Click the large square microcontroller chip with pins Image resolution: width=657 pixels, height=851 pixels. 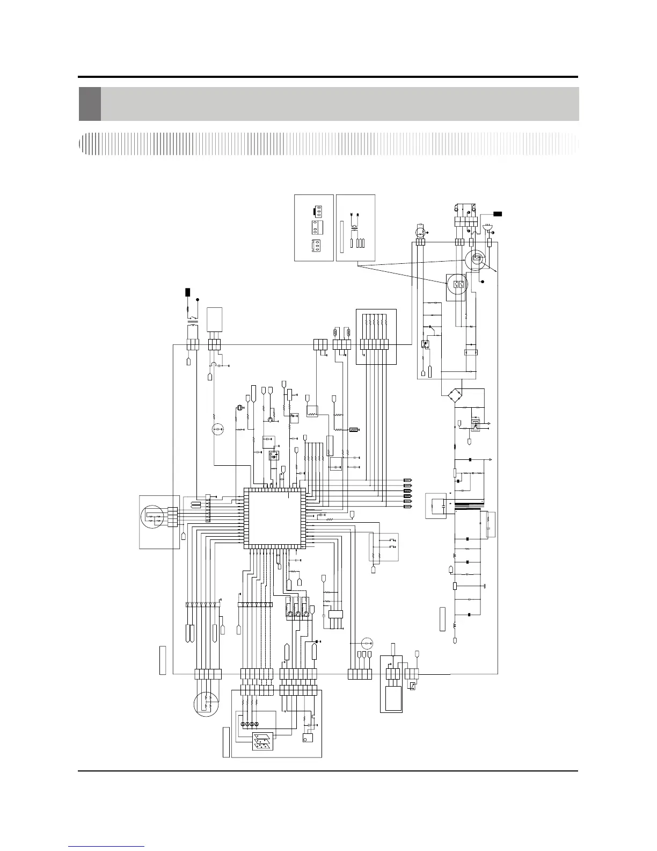click(274, 518)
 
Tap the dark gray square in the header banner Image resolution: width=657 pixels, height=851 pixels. click(90, 104)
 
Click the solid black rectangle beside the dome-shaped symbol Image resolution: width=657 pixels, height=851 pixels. click(498, 214)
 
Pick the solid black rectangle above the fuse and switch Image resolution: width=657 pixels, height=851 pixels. click(187, 292)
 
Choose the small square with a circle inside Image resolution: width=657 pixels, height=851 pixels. click(308, 739)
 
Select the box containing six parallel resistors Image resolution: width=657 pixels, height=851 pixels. click(376, 336)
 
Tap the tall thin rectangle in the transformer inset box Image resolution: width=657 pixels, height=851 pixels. click(341, 237)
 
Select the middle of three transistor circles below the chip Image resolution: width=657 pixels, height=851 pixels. click(297, 614)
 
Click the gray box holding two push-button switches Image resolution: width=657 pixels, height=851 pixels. click(384, 547)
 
